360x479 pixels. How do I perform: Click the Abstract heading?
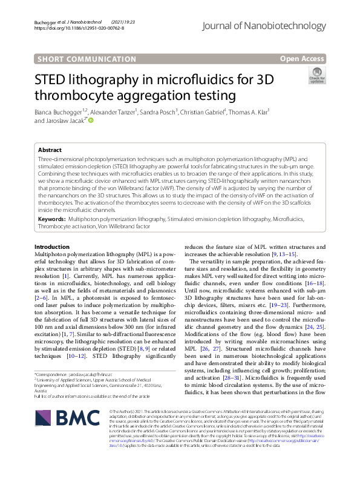tap(50, 150)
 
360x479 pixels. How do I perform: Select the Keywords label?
tap(51, 217)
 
